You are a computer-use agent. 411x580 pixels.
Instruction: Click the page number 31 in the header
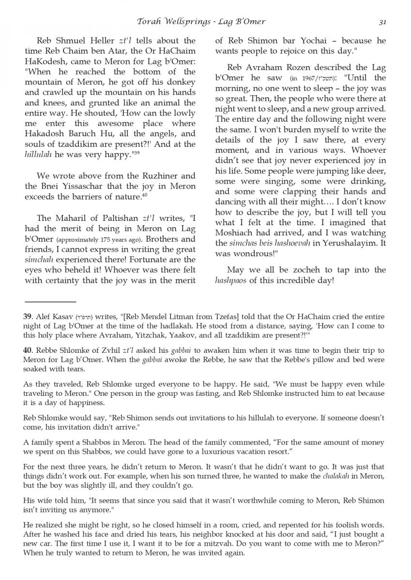coord(382,22)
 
